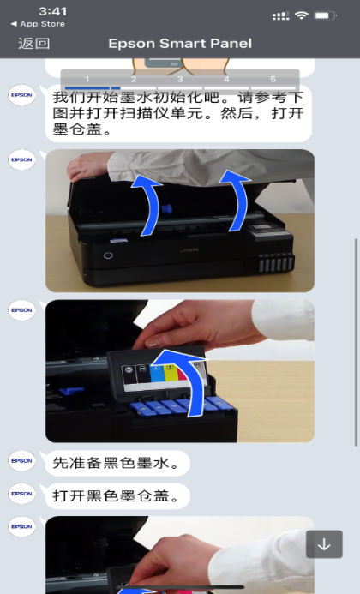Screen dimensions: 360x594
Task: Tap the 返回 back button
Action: click(33, 43)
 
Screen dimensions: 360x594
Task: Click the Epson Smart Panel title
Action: click(180, 43)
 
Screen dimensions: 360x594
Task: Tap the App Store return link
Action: click(38, 24)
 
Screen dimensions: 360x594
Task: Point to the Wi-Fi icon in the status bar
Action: click(302, 15)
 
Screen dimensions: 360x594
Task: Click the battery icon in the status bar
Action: click(325, 15)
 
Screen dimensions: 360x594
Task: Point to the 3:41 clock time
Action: click(52, 11)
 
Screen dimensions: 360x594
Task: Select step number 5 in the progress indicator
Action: click(273, 79)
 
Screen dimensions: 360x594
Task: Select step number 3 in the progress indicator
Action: click(180, 79)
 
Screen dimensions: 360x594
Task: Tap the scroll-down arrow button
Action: click(324, 544)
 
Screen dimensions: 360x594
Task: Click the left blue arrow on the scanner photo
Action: click(152, 205)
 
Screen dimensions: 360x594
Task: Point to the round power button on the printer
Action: click(108, 255)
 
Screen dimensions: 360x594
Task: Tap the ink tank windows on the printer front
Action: click(277, 262)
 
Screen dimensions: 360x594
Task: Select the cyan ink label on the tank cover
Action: click(156, 373)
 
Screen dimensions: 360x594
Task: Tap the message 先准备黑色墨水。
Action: click(117, 463)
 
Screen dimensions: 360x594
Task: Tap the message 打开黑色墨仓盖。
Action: click(117, 496)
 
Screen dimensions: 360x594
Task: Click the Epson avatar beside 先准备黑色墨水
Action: click(21, 460)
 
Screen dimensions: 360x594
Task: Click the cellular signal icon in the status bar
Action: click(281, 16)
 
